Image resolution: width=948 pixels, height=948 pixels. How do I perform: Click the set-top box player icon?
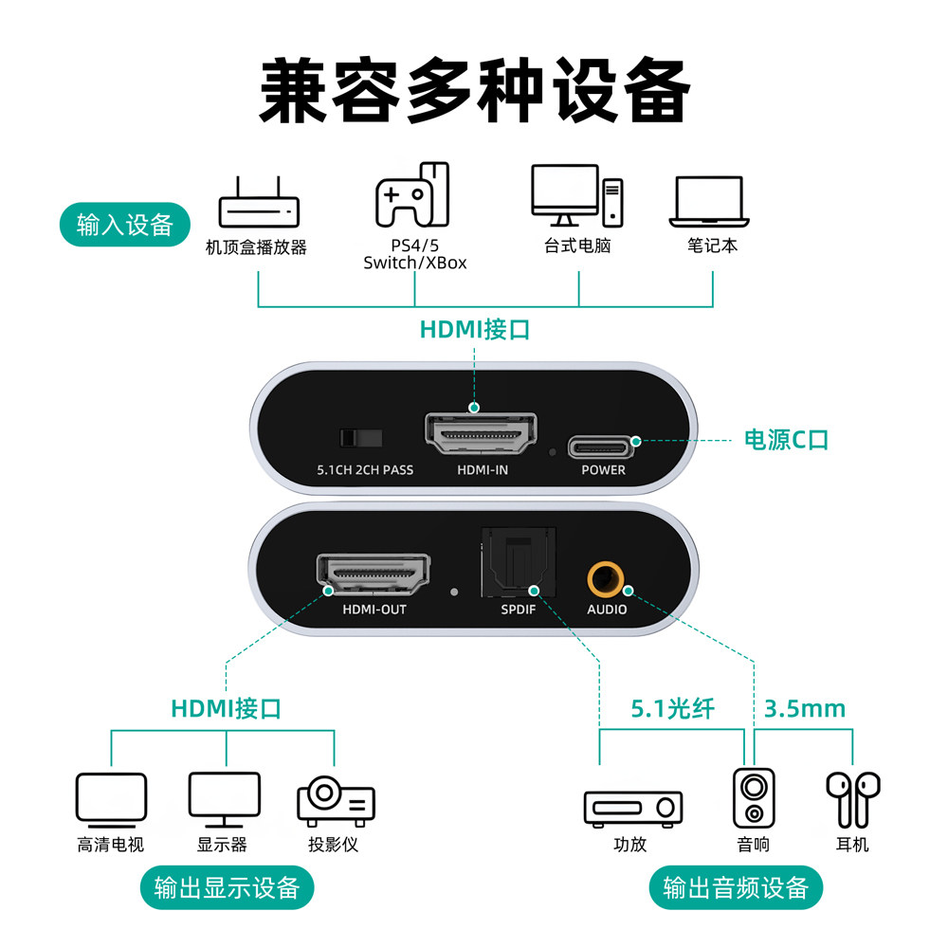[259, 208]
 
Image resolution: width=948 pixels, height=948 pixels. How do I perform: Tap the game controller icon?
[413, 195]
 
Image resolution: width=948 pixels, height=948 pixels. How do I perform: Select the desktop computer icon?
[576, 196]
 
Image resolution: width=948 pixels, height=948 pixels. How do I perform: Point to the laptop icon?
[709, 202]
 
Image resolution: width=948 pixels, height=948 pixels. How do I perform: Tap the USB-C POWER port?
[603, 445]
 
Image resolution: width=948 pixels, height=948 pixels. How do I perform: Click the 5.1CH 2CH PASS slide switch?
[360, 437]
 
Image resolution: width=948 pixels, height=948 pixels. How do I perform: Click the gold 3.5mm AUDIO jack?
[606, 576]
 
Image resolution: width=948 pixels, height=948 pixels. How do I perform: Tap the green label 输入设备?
[125, 225]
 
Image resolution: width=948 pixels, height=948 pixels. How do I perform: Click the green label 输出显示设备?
[227, 888]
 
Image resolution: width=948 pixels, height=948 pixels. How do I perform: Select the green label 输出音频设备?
[736, 888]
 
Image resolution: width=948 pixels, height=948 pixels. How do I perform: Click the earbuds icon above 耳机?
[852, 797]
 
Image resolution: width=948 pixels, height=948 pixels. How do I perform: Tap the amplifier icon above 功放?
[632, 808]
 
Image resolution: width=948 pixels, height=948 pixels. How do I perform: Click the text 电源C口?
[786, 440]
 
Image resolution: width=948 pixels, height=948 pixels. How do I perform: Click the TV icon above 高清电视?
[111, 797]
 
